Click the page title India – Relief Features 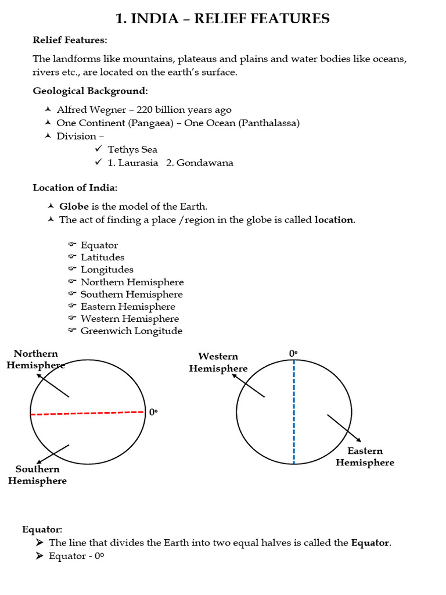[222, 19]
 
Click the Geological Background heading [90, 91]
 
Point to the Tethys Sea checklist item [132, 149]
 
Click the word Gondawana [204, 163]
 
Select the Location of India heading [75, 188]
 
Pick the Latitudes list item [102, 257]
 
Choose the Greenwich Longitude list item [131, 331]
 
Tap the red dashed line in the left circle [87, 413]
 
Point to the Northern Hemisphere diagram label [36, 359]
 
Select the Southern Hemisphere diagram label [37, 475]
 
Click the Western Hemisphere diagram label [218, 362]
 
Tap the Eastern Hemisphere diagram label [365, 457]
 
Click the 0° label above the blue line [293, 353]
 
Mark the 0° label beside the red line [153, 412]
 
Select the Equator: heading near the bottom [42, 529]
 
